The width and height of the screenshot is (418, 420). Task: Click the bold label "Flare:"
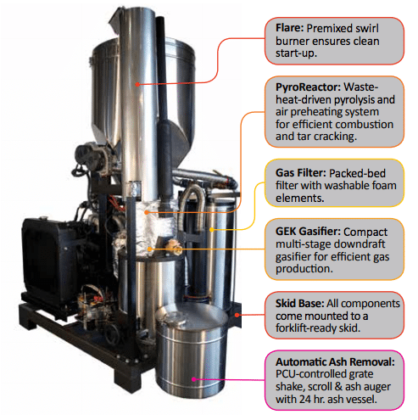(289, 28)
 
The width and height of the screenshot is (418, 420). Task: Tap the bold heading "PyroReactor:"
(309, 87)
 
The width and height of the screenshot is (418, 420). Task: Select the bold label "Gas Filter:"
(301, 173)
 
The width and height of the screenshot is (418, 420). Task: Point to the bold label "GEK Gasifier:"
(308, 232)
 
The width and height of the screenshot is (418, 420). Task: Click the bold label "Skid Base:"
(300, 303)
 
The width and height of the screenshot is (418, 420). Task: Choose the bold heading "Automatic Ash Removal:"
(335, 361)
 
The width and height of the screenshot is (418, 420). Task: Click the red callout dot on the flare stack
(137, 84)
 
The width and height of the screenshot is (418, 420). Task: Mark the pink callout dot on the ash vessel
(194, 379)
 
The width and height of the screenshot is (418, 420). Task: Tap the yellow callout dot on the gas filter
(211, 229)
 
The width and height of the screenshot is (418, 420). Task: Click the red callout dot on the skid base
(237, 315)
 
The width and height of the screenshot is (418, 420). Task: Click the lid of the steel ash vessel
(191, 317)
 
